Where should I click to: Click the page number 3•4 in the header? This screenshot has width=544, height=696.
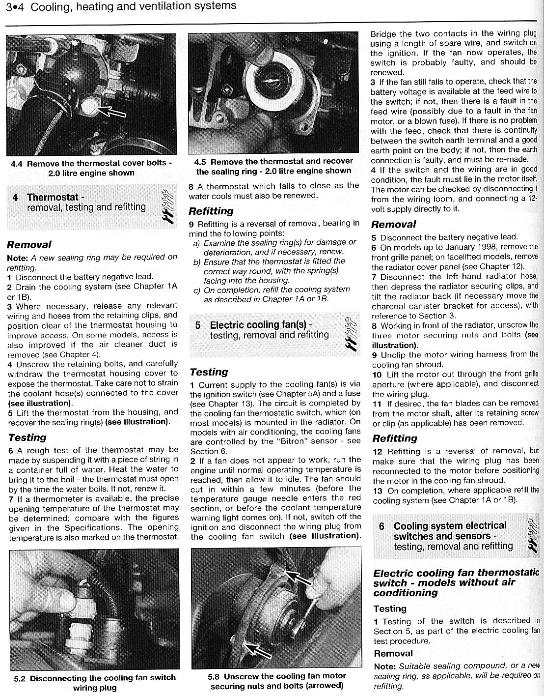(x=11, y=6)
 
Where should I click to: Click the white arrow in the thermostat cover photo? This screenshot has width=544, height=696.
(x=111, y=112)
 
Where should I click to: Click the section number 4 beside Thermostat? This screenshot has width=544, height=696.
(x=15, y=198)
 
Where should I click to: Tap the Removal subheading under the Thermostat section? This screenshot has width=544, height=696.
(x=28, y=244)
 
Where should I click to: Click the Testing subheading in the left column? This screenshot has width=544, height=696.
(x=27, y=437)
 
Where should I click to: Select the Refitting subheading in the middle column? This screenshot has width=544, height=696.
(x=211, y=211)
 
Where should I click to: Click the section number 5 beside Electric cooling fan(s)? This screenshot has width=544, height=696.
(x=198, y=325)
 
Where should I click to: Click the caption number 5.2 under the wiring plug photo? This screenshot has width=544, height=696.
(x=20, y=678)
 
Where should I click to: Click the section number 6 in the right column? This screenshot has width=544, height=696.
(x=382, y=526)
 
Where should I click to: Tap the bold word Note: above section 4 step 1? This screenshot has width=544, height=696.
(x=18, y=257)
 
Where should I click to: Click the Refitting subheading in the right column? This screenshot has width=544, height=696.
(x=394, y=438)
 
